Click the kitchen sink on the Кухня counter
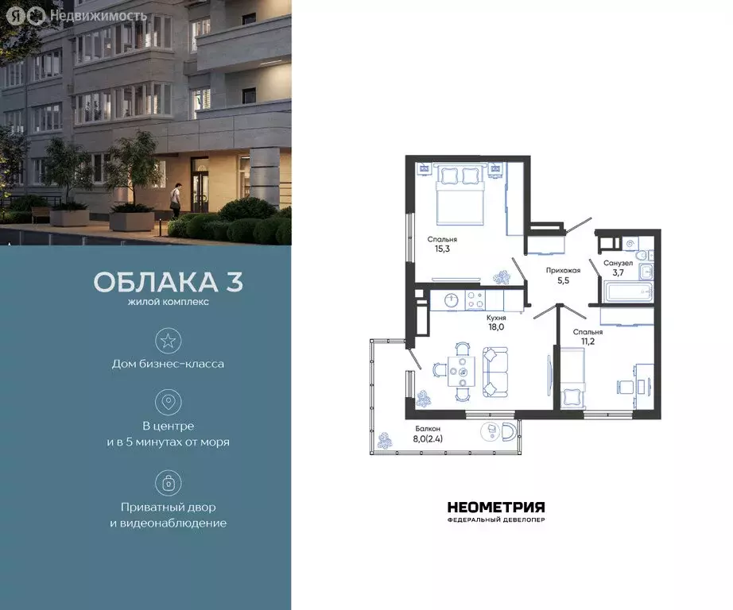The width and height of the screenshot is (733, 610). click(x=451, y=300)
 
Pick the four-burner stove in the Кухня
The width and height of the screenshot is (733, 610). click(x=475, y=300)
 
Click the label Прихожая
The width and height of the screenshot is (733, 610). click(x=562, y=270)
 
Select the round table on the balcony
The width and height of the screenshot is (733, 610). click(x=491, y=430)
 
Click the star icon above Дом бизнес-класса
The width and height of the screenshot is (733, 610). click(x=168, y=342)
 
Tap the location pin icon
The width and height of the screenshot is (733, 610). click(x=168, y=402)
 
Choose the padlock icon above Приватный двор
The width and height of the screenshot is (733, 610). click(x=168, y=483)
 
